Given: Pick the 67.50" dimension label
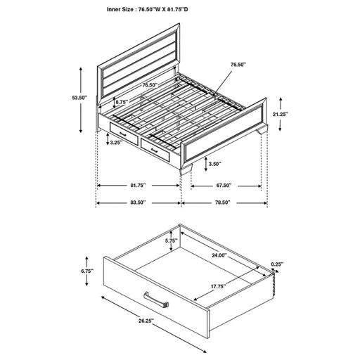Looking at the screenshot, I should click(223, 186).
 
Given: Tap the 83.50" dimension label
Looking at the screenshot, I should click(138, 202).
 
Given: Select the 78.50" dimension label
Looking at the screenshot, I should click(223, 202).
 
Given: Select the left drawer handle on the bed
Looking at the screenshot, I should click(122, 131).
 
